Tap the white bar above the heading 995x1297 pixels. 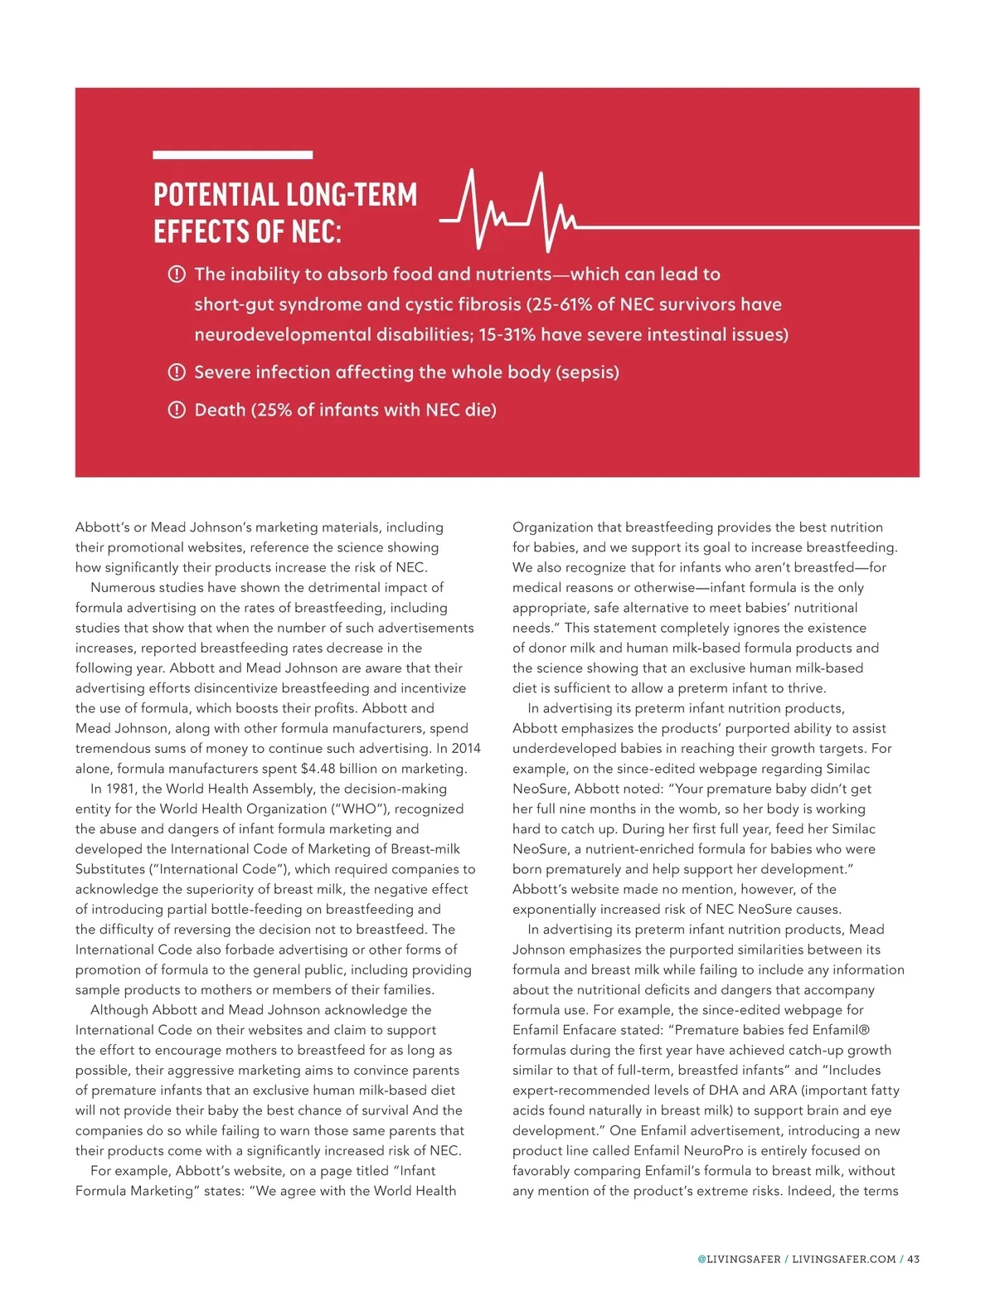pos(233,155)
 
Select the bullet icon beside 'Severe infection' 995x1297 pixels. pos(177,372)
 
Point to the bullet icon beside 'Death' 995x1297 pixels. pos(177,410)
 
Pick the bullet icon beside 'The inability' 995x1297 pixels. pos(177,274)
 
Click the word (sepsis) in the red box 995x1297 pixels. pos(588,372)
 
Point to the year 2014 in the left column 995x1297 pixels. pos(466,749)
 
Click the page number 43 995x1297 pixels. pos(913,1259)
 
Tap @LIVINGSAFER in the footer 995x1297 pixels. pos(739,1259)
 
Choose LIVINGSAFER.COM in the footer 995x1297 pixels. pos(844,1259)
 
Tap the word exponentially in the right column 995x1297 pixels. pos(554,910)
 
